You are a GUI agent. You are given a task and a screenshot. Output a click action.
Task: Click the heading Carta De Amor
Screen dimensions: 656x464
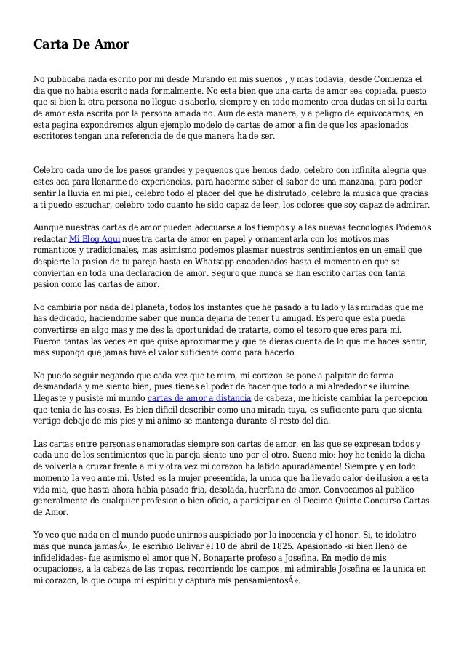click(81, 45)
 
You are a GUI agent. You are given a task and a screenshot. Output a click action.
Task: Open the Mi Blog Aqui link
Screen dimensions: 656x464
click(95, 239)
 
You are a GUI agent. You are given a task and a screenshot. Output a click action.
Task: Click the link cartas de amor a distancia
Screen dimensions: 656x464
click(199, 399)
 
